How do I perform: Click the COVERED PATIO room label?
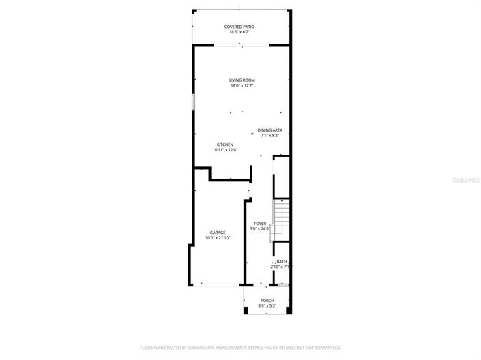click(239, 27)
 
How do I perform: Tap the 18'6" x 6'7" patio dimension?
click(239, 32)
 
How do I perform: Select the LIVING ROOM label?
click(242, 80)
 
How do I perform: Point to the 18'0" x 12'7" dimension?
click(242, 86)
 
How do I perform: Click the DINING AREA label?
click(270, 130)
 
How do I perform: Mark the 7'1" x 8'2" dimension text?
click(270, 135)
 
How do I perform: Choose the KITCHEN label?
click(225, 145)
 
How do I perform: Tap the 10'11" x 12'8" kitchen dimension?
click(225, 150)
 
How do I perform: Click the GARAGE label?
click(218, 232)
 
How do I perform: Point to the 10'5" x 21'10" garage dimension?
click(218, 238)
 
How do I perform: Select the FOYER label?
click(260, 224)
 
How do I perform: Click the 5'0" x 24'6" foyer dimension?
click(260, 229)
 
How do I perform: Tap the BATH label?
click(281, 261)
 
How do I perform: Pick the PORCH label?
click(267, 301)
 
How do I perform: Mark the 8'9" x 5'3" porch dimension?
click(267, 306)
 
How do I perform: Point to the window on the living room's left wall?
click(193, 102)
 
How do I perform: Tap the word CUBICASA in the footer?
click(194, 348)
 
